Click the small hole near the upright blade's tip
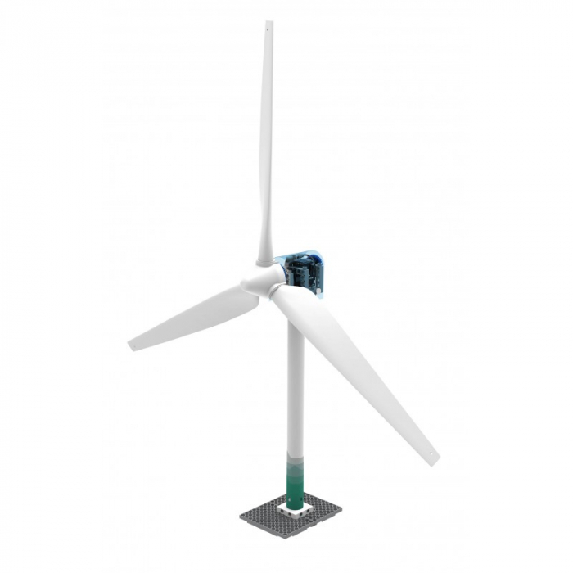[x=267, y=33]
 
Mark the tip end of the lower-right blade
[x=434, y=460]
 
